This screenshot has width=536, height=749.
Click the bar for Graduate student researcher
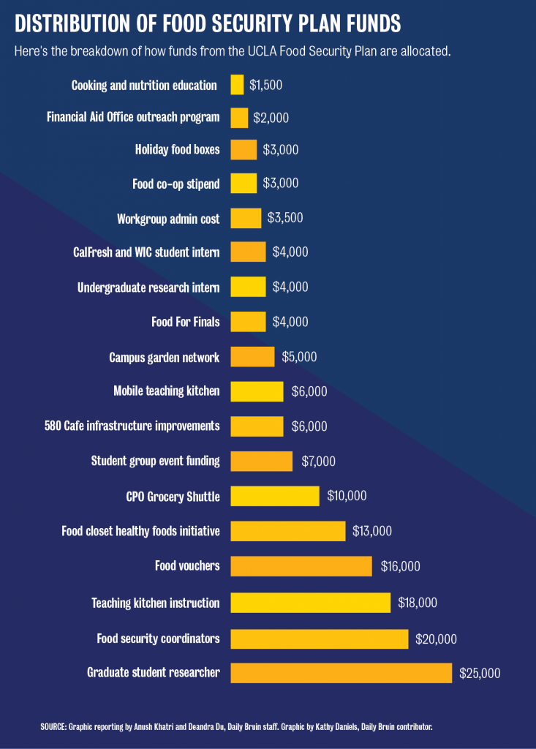tap(341, 673)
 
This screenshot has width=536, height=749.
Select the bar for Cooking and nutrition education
tap(237, 85)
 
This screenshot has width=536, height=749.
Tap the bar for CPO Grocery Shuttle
tap(275, 496)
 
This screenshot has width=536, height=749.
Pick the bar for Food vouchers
tap(301, 566)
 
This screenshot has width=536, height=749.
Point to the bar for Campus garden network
tap(252, 357)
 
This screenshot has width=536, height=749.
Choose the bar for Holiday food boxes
tap(244, 149)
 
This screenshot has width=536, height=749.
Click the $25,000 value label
tap(480, 673)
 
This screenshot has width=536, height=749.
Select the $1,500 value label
tap(265, 85)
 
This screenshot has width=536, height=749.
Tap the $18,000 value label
tap(418, 603)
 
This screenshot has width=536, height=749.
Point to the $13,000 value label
tap(372, 531)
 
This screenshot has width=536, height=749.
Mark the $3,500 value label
tap(285, 218)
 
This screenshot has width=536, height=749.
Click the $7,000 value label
tap(318, 461)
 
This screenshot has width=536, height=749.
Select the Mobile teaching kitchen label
tap(166, 391)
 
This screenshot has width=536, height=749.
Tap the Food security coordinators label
tap(158, 639)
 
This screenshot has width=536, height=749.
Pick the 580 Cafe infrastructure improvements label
tap(132, 426)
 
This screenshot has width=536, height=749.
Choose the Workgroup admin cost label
tap(167, 219)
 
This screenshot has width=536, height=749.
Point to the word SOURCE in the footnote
tap(53, 727)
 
